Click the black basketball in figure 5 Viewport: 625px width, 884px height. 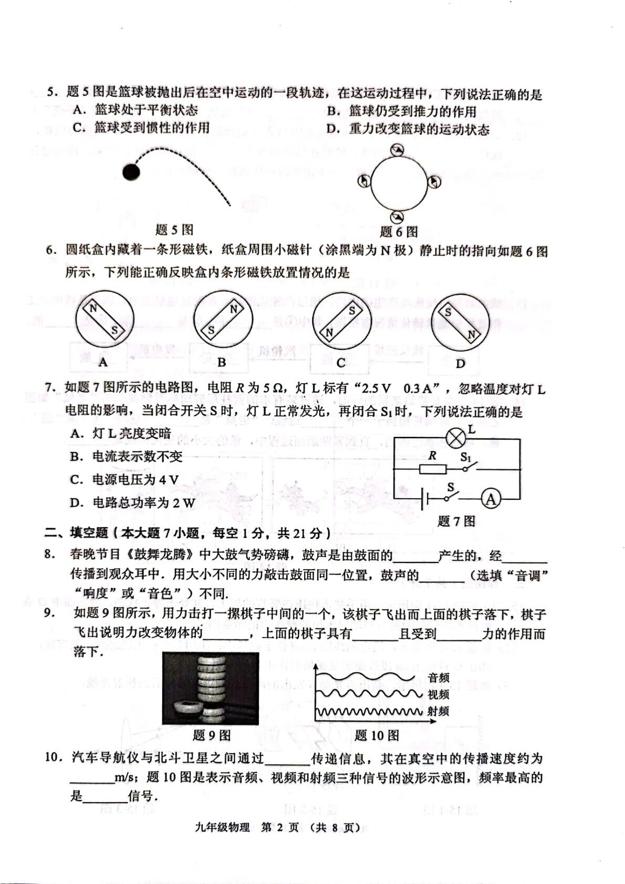point(131,172)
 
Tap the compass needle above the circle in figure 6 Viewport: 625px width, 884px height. point(398,150)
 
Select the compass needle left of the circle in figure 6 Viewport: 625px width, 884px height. point(363,181)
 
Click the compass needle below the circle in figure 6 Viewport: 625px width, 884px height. point(398,216)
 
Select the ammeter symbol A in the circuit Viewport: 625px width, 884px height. point(491,499)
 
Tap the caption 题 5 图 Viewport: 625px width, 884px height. point(174,230)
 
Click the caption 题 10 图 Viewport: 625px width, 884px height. point(377,735)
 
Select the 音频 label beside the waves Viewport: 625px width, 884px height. point(438,678)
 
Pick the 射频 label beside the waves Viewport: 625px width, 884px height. point(438,711)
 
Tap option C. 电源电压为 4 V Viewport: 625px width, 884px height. point(124,479)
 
